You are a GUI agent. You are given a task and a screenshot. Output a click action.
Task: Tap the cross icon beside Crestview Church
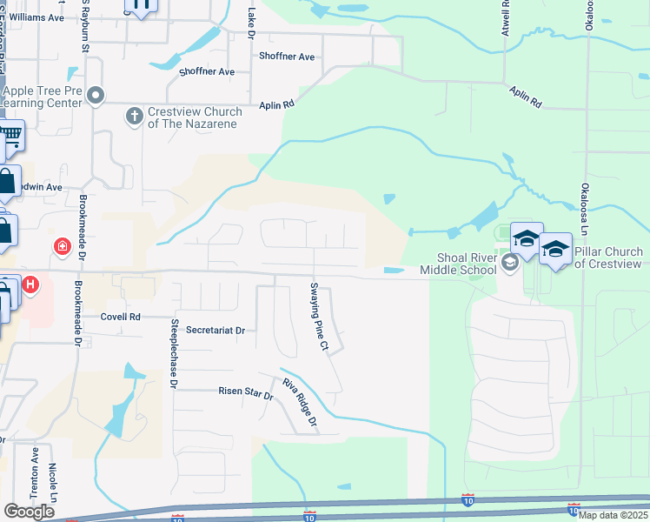coord(135,115)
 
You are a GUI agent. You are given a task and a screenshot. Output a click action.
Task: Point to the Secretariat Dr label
coord(216,331)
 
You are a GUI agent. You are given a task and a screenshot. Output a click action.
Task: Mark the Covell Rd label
coord(120,318)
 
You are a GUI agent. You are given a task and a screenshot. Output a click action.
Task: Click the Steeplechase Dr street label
coord(174,352)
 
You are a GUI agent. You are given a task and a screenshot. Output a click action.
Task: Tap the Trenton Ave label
coord(35,472)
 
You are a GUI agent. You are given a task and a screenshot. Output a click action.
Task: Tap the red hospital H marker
coord(30,284)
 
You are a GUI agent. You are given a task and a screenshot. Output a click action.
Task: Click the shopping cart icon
coord(10,135)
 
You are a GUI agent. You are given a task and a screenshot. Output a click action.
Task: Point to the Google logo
coord(29,512)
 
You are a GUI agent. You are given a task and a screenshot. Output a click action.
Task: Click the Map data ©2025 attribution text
coord(613,515)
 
